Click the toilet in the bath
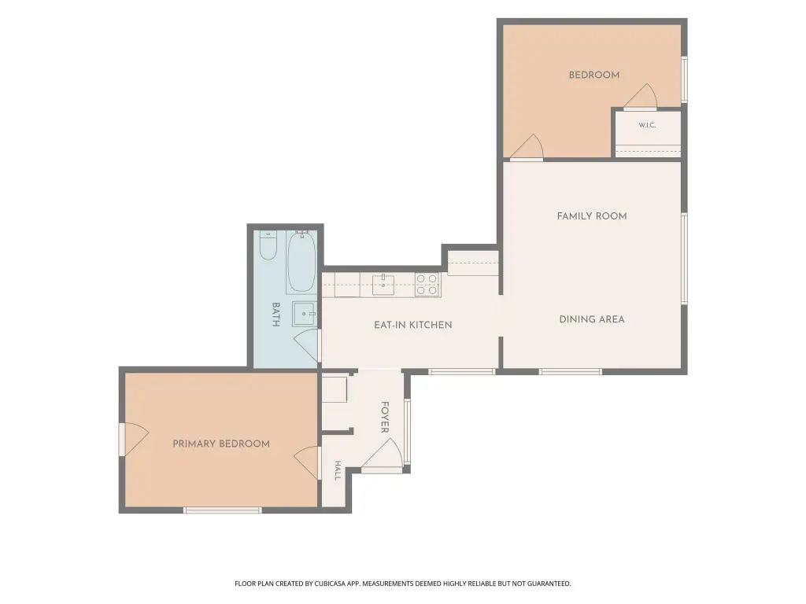coord(268,245)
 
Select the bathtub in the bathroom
coord(301,262)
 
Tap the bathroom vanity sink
coord(305,314)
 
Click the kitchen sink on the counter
coord(383,285)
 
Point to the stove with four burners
coord(427,285)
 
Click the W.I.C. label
coord(647,125)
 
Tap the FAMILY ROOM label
coord(592,216)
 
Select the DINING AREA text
coord(592,319)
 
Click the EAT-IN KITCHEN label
coord(412,325)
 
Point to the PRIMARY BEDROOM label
coord(221,444)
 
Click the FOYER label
coord(384,417)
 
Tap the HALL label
coord(338,470)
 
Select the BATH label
coord(275,315)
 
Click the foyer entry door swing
coord(383,454)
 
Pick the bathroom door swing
coord(307,344)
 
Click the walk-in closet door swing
coord(641,96)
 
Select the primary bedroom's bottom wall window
coord(223,510)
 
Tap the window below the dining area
coord(570,371)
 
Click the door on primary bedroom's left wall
coord(134,439)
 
